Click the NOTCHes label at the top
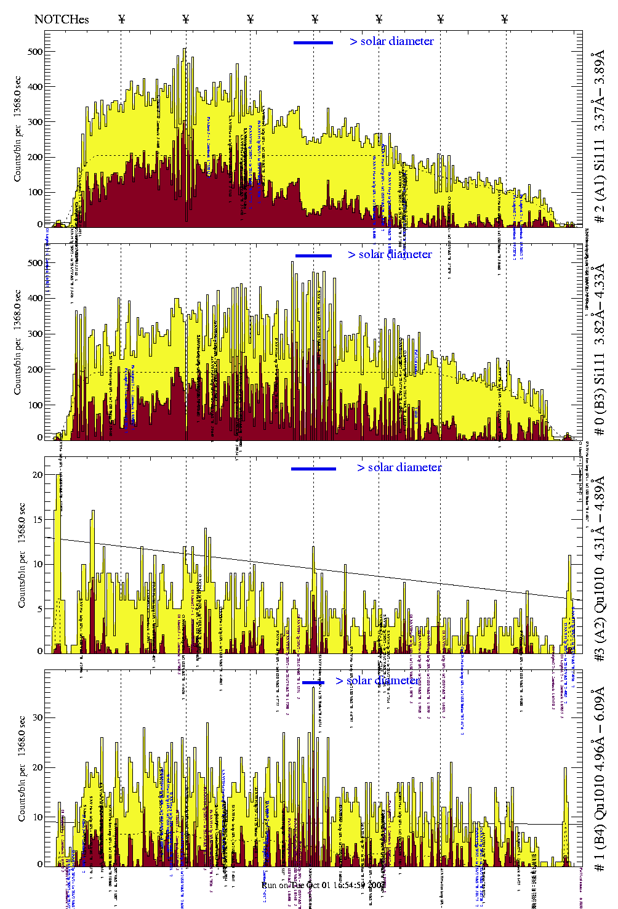(62, 19)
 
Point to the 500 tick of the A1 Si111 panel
(35, 52)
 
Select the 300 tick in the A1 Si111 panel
(35, 122)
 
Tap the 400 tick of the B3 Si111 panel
(35, 298)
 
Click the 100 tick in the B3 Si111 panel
(35, 405)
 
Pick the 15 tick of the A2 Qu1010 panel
(38, 519)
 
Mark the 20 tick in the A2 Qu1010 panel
(38, 475)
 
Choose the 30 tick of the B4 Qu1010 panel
(38, 717)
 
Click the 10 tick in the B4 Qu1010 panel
(38, 817)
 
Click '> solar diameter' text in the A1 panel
(391, 41)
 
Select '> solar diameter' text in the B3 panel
(390, 254)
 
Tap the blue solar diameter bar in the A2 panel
(313, 469)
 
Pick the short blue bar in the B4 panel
(313, 682)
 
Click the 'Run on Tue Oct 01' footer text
(324, 885)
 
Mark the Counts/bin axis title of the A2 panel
(22, 555)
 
